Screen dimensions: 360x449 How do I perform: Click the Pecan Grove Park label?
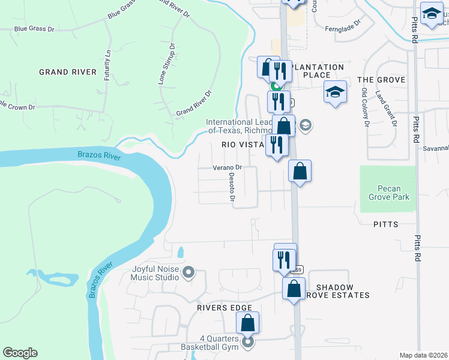click(388, 193)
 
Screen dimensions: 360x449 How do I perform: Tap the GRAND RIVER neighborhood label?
click(67, 72)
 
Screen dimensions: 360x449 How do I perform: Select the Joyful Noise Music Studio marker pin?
click(189, 274)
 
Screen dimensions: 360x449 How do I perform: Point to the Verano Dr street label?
click(227, 168)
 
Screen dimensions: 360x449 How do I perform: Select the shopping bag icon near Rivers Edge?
click(247, 324)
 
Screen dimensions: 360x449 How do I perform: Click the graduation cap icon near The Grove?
click(336, 92)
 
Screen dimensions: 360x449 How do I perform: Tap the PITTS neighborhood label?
click(385, 224)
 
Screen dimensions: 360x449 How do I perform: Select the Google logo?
click(20, 353)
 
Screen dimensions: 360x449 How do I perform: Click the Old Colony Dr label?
click(365, 107)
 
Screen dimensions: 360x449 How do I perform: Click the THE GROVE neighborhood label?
click(381, 80)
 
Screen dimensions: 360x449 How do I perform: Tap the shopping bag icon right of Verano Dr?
click(300, 172)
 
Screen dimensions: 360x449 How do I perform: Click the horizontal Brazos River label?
click(99, 155)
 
